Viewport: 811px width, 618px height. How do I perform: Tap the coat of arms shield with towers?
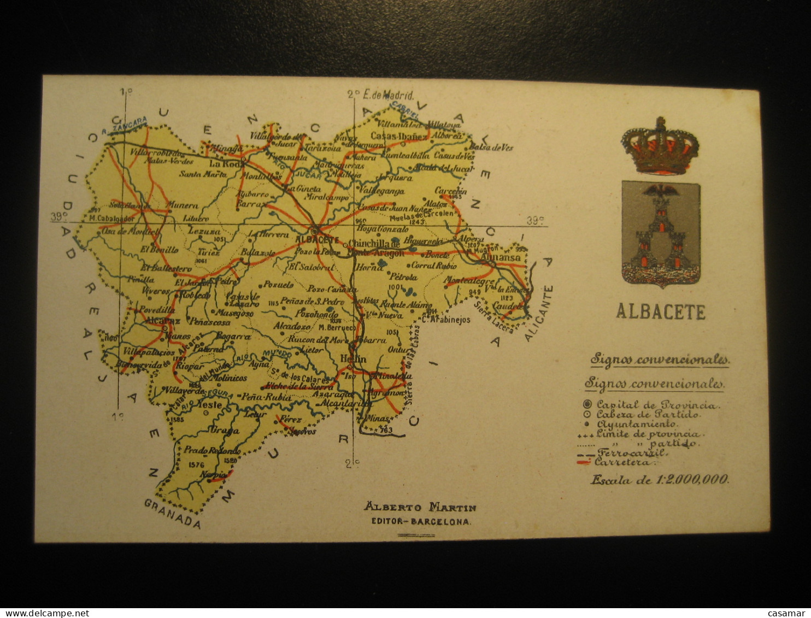coord(661,232)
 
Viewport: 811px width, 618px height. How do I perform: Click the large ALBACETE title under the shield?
coord(661,312)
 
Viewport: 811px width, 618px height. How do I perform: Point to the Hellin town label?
coord(353,359)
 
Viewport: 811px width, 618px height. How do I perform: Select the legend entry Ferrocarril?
coord(631,452)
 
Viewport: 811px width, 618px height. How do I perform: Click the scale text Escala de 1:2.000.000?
coord(659,480)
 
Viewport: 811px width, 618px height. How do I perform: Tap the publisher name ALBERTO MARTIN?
coord(420,507)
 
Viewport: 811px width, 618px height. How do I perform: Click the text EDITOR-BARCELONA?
coord(420,521)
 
